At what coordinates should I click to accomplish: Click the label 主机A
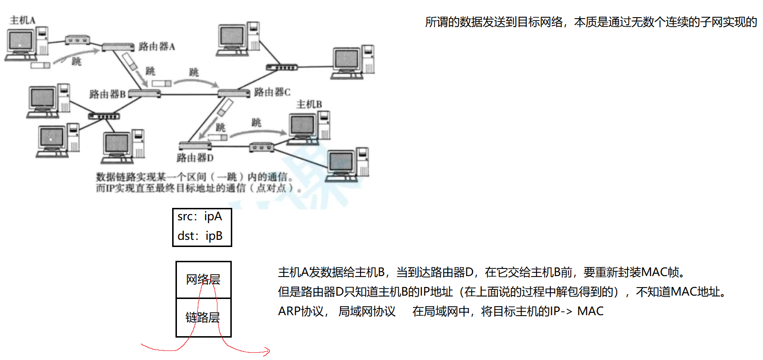22,20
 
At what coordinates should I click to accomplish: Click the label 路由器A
156,47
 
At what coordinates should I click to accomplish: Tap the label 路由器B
107,94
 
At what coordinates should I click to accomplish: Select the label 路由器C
272,92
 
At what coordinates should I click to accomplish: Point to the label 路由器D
195,158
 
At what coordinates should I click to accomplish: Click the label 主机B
309,104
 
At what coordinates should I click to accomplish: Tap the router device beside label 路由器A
118,47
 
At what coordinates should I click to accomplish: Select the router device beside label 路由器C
234,93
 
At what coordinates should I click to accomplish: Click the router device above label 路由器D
195,145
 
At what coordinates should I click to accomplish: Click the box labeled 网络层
203,279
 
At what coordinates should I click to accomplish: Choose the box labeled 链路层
203,318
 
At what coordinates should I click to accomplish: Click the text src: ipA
200,217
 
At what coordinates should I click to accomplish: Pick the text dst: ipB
200,236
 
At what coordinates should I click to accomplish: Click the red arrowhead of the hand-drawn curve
267,352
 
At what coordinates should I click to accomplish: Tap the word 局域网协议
367,311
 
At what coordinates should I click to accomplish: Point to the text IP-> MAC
577,311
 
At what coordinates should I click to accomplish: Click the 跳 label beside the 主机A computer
76,62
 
